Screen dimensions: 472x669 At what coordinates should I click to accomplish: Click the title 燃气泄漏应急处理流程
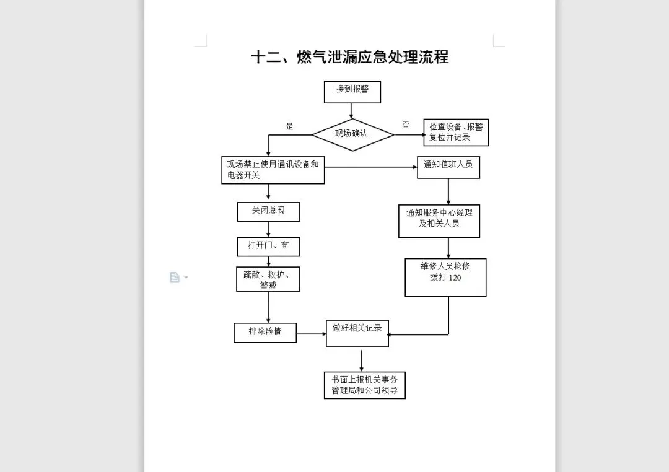(x=349, y=57)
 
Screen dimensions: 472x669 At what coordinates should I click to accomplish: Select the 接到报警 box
(x=352, y=92)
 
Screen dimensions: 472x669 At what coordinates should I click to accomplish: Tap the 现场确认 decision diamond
(x=352, y=134)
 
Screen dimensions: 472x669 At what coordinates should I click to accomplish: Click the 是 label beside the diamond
(x=289, y=126)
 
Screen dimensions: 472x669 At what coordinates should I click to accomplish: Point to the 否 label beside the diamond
(x=406, y=125)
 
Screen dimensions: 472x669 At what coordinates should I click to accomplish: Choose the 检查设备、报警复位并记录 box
(x=456, y=133)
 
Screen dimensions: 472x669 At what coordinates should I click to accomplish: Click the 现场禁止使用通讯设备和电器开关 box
(x=273, y=170)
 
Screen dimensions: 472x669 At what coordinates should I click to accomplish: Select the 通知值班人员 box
(x=448, y=167)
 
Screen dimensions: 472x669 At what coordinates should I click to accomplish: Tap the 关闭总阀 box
(x=268, y=211)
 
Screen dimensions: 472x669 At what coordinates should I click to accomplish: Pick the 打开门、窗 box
(x=268, y=246)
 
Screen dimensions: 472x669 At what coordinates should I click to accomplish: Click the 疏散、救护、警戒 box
(x=268, y=279)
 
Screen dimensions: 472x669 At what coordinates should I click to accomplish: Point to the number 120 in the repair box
(x=454, y=278)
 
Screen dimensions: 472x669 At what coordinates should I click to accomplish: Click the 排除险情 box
(x=265, y=332)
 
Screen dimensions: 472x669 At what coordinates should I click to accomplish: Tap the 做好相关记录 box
(x=357, y=333)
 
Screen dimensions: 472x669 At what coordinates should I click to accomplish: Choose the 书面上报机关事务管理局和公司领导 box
(x=364, y=385)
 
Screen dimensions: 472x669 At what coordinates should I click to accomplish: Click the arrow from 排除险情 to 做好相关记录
(x=312, y=334)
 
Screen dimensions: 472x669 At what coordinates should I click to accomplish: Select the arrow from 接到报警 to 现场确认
(x=352, y=111)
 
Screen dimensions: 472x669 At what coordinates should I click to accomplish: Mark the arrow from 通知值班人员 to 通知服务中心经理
(x=448, y=191)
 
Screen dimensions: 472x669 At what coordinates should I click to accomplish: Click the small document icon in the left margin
(x=175, y=278)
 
